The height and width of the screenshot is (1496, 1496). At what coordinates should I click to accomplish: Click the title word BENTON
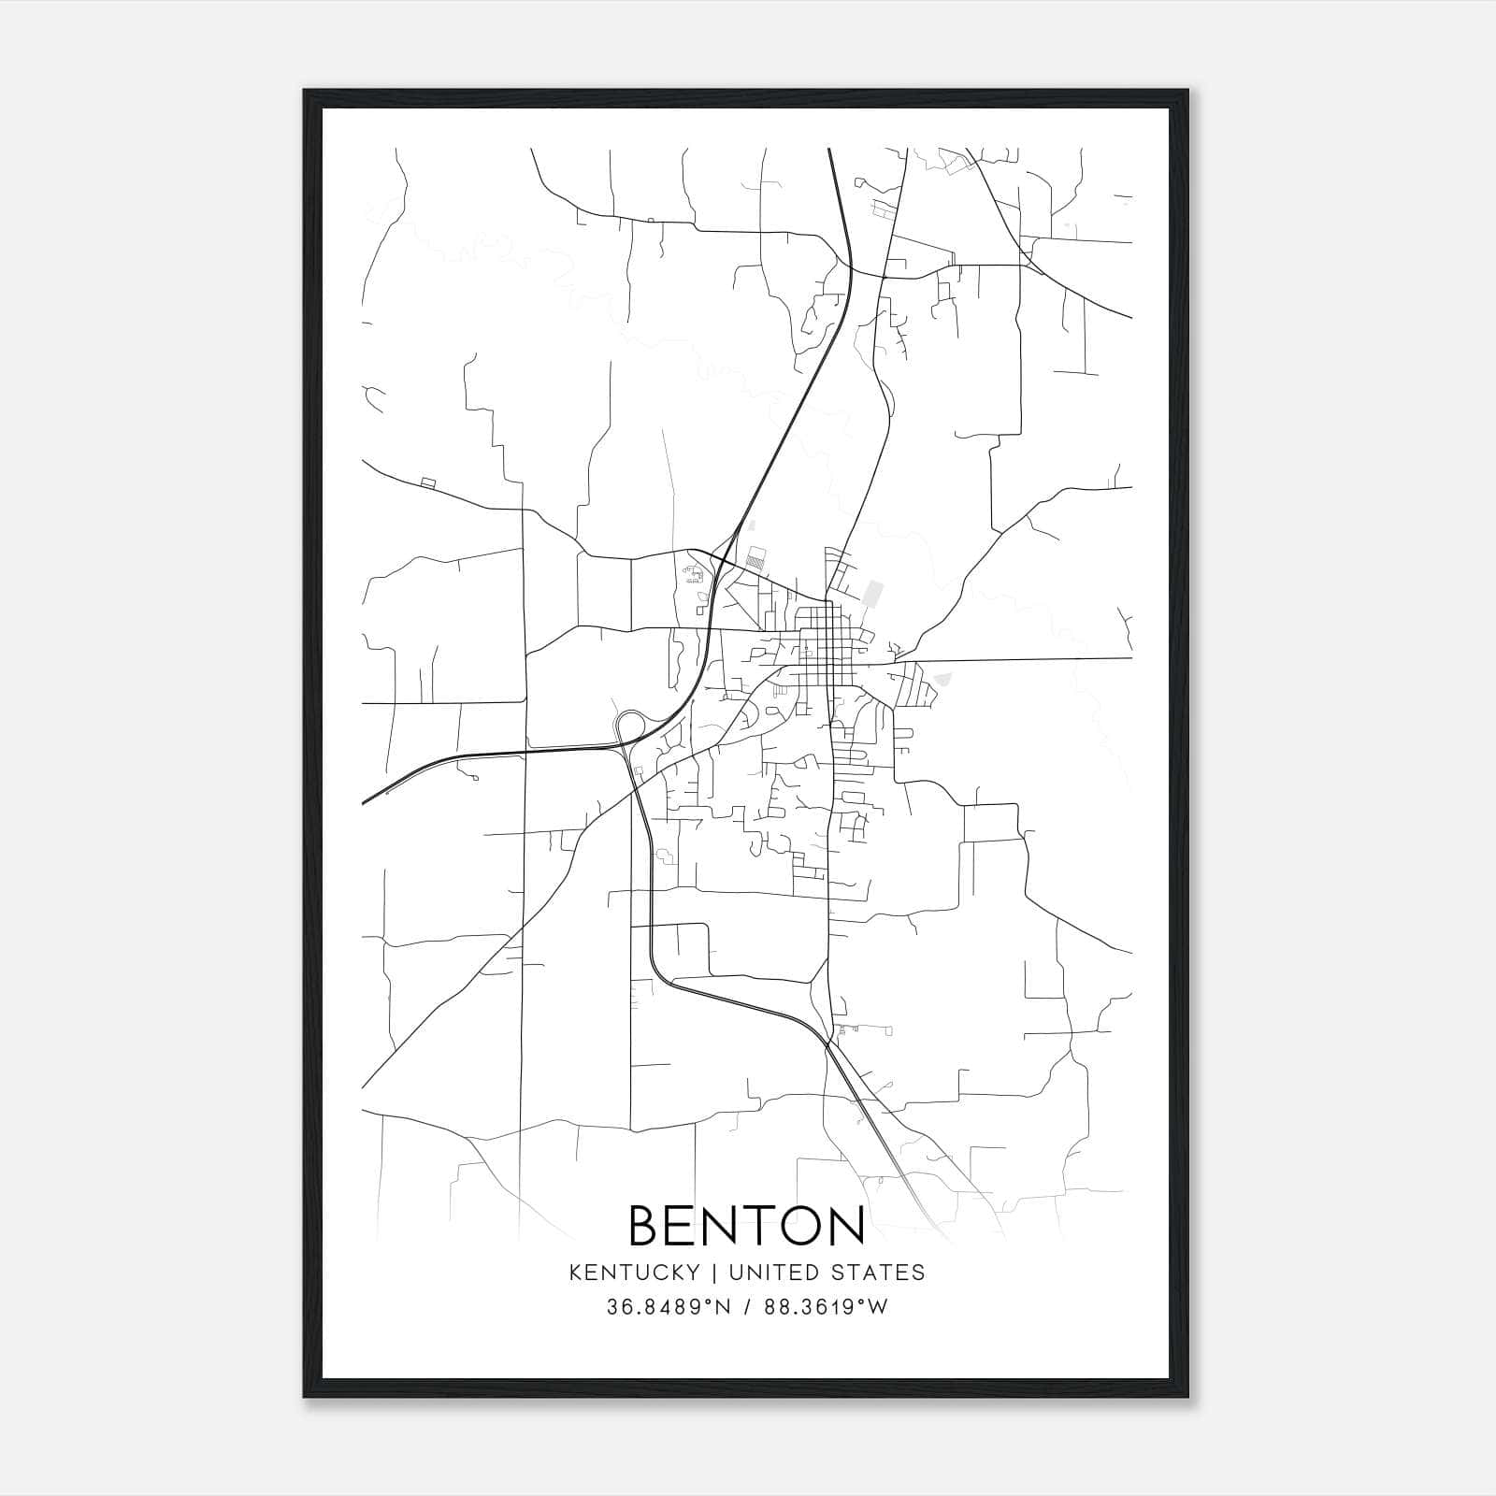pos(746,1226)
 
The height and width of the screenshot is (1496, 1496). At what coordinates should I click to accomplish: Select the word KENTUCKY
pos(633,1273)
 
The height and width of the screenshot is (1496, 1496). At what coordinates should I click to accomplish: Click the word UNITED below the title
pos(766,1273)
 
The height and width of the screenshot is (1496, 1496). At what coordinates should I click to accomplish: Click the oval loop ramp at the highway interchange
pos(630,726)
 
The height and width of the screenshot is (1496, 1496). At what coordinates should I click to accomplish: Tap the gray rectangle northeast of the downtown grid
pos(874,593)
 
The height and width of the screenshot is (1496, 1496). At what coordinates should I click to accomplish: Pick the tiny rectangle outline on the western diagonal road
pos(428,482)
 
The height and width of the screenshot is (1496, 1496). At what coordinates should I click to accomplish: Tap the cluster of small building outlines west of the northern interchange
pos(693,573)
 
